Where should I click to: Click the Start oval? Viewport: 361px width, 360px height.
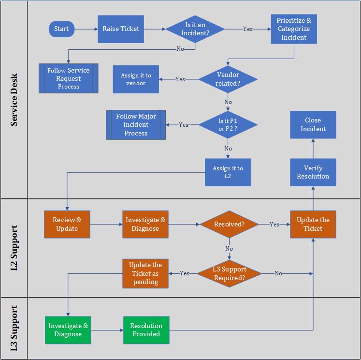[61, 29]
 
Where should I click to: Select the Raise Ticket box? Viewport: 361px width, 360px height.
[121, 29]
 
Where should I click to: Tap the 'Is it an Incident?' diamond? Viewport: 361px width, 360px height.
[195, 29]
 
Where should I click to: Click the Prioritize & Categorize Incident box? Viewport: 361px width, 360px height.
[294, 29]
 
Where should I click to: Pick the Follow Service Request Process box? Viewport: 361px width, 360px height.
[68, 78]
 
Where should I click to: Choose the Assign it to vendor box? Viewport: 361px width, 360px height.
[136, 79]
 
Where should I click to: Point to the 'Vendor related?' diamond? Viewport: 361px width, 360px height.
[228, 79]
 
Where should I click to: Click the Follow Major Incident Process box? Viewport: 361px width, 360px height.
[136, 125]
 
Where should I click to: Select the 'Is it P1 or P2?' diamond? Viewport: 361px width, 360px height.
[228, 125]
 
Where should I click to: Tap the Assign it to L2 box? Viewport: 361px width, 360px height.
[228, 172]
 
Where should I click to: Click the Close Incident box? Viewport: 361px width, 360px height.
[313, 125]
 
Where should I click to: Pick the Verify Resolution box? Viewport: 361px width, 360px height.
[313, 172]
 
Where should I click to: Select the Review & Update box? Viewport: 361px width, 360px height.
[67, 224]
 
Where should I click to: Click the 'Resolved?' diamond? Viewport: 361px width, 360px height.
[229, 224]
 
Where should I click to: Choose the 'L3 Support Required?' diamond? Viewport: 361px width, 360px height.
[229, 273]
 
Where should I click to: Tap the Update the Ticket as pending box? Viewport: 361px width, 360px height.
[145, 273]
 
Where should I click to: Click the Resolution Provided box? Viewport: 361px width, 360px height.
[146, 330]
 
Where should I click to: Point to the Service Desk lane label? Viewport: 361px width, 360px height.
[14, 100]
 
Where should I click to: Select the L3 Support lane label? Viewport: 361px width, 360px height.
[14, 328]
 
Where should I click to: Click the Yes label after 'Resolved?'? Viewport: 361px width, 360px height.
[274, 225]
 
